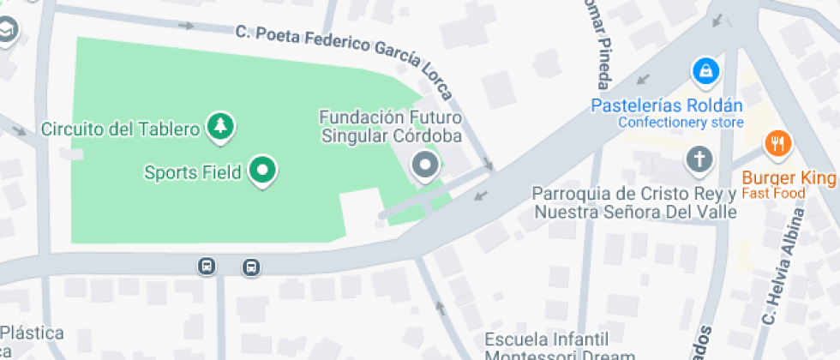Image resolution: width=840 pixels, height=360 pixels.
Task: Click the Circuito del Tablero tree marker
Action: pyautogui.click(x=222, y=127)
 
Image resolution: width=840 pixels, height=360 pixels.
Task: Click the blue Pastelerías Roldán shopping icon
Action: pyautogui.click(x=705, y=71)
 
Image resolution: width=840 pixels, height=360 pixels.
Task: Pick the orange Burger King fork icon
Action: pyautogui.click(x=778, y=143)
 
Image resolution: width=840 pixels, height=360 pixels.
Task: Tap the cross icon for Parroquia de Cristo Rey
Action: pyautogui.click(x=699, y=159)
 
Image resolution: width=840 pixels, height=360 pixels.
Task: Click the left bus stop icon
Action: pyautogui.click(x=207, y=266)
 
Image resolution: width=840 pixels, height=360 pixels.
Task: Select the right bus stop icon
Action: pyautogui.click(x=251, y=267)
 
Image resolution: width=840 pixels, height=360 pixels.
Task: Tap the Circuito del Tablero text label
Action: pyautogui.click(x=120, y=129)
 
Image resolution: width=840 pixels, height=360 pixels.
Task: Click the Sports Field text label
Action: pyautogui.click(x=192, y=172)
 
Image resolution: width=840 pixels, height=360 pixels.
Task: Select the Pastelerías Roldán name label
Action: pyautogui.click(x=668, y=106)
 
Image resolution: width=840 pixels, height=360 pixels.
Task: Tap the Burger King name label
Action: pyautogui.click(x=788, y=177)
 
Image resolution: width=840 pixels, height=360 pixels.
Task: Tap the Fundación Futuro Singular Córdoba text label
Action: pyautogui.click(x=390, y=126)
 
